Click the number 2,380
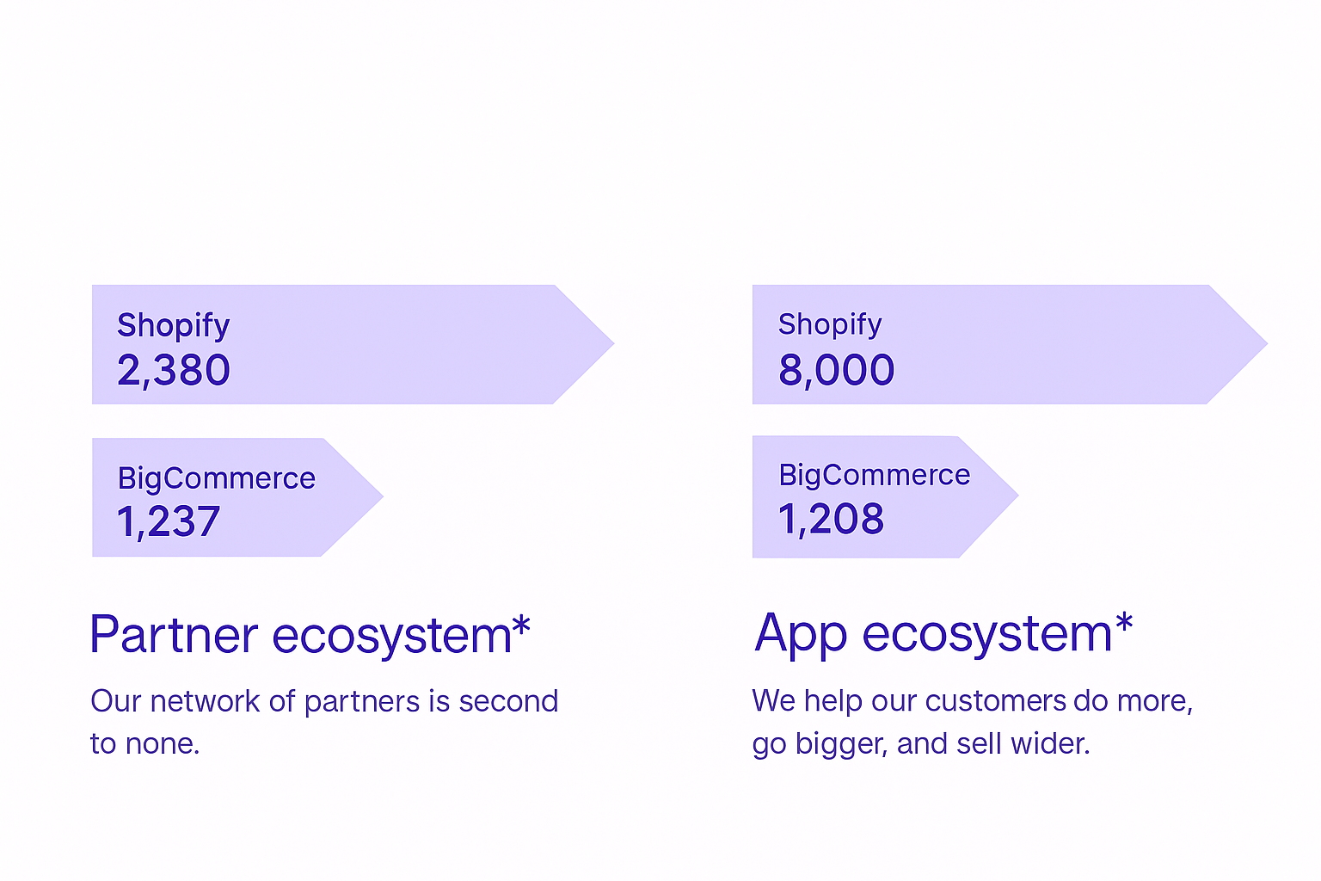pos(174,371)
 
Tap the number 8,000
pos(836,371)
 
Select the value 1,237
pos(168,522)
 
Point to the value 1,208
pos(831,520)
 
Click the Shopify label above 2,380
pos(173,326)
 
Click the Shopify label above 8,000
pos(830,324)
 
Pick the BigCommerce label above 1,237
pos(217,478)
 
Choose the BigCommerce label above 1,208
pos(874,476)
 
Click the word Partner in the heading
pos(174,635)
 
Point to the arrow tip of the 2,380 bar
pos(614,342)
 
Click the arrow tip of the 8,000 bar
pos(1268,342)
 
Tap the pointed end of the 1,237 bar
pos(384,496)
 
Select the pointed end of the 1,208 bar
pos(1018,495)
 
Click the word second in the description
pos(508,701)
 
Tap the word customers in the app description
pos(995,701)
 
